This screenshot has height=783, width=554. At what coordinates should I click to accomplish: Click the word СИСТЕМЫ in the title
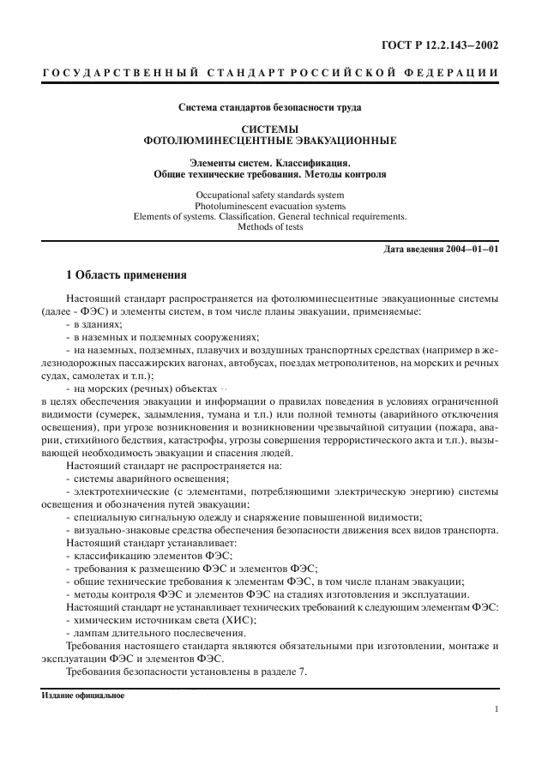pyautogui.click(x=269, y=129)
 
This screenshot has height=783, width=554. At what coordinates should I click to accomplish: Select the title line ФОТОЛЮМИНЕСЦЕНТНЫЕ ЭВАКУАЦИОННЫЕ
pyautogui.click(x=269, y=140)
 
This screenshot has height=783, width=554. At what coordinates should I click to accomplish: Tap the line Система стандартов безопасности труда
pyautogui.click(x=269, y=108)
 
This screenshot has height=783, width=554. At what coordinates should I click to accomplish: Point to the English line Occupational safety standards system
pyautogui.click(x=269, y=195)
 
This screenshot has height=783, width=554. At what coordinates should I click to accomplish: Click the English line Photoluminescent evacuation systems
pyautogui.click(x=269, y=206)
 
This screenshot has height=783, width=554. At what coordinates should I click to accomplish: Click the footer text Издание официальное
pyautogui.click(x=82, y=696)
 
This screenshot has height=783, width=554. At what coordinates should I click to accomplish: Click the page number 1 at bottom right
pyautogui.click(x=497, y=708)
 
